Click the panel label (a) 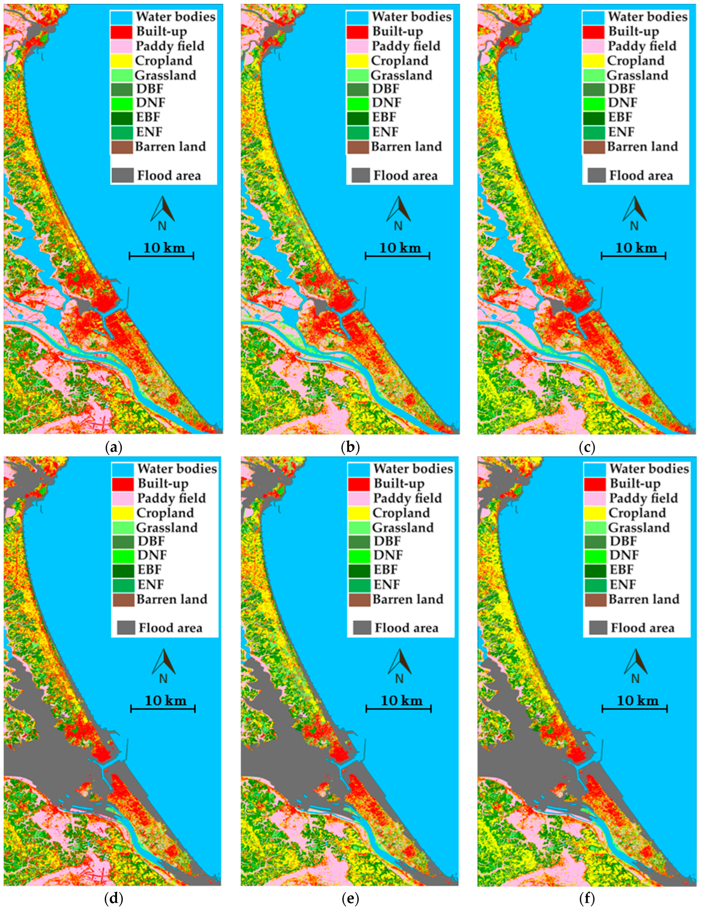(x=113, y=448)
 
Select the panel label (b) (x=350, y=448)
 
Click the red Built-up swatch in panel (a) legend (x=122, y=32)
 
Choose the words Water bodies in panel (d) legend (x=177, y=469)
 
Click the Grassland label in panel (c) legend (x=637, y=75)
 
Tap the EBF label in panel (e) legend (x=385, y=570)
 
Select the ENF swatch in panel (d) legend (x=123, y=585)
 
